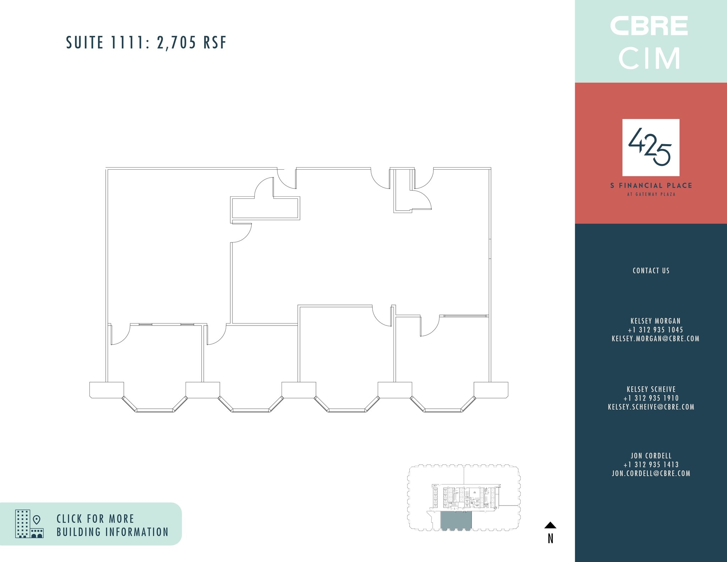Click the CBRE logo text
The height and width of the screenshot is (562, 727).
(x=649, y=26)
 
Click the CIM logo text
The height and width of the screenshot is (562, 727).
(x=649, y=59)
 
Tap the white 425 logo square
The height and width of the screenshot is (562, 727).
(x=651, y=147)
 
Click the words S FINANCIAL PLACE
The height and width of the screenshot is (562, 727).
(x=651, y=185)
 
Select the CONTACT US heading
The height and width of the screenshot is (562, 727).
(x=651, y=271)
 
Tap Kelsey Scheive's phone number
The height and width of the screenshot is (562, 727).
(x=651, y=398)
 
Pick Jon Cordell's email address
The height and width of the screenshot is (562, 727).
(x=651, y=473)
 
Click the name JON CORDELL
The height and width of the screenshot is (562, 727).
(x=651, y=455)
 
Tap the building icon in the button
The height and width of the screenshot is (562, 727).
(x=29, y=524)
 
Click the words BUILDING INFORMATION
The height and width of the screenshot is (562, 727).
(x=113, y=532)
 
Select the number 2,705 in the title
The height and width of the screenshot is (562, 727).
(x=176, y=43)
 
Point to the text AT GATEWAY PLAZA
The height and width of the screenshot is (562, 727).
(x=651, y=194)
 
